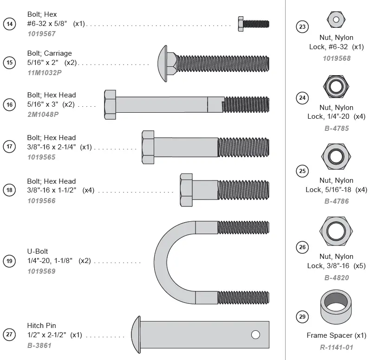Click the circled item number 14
9,24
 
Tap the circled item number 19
9,261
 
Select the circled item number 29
302,317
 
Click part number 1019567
41,33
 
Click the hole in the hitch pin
255,334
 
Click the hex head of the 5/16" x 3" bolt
110,104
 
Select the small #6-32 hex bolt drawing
253,24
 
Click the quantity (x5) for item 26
359,266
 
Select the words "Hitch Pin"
42,326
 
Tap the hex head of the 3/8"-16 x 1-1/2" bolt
186,190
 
